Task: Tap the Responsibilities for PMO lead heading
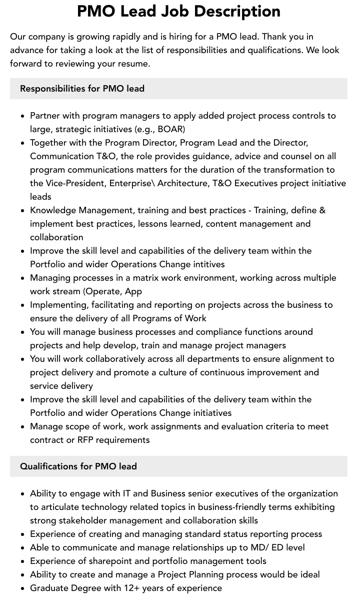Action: [x=82, y=89]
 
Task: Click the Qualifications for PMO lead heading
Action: [x=78, y=466]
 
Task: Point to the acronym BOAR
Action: [x=170, y=129]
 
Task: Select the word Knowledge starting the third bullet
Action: [x=53, y=210]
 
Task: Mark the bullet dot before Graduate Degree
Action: [x=23, y=588]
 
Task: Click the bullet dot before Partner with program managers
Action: [x=23, y=116]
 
